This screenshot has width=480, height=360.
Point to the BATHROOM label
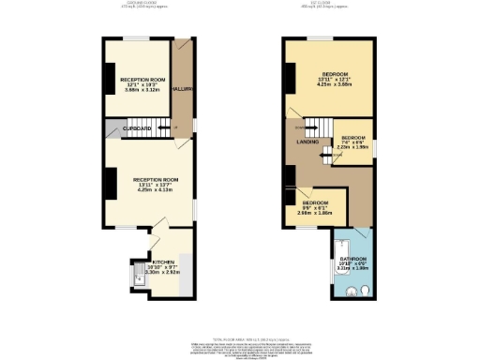coord(352,258)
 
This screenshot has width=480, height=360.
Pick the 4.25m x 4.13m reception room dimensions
coord(149,189)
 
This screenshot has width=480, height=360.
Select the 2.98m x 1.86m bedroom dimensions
coord(315,213)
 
